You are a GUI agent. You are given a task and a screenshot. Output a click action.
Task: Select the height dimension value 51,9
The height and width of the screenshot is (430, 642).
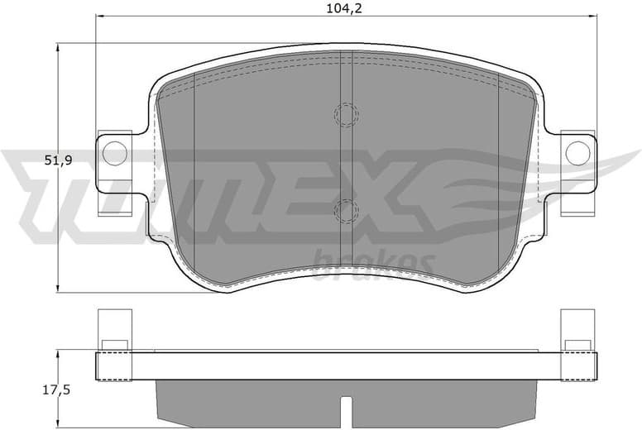pyautogui.click(x=35, y=161)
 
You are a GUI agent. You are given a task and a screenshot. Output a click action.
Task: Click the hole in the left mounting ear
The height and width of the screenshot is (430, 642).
pyautogui.click(x=115, y=152)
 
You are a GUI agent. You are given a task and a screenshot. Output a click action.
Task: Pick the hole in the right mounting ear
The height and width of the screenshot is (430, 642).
pyautogui.click(x=577, y=152)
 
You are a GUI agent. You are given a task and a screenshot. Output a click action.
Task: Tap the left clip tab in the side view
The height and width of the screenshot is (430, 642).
pyautogui.click(x=114, y=330)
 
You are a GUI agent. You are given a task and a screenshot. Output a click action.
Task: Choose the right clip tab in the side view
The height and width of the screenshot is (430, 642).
pyautogui.click(x=577, y=330)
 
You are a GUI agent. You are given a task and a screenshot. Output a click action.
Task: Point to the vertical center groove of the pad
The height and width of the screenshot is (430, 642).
pyautogui.click(x=347, y=165)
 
